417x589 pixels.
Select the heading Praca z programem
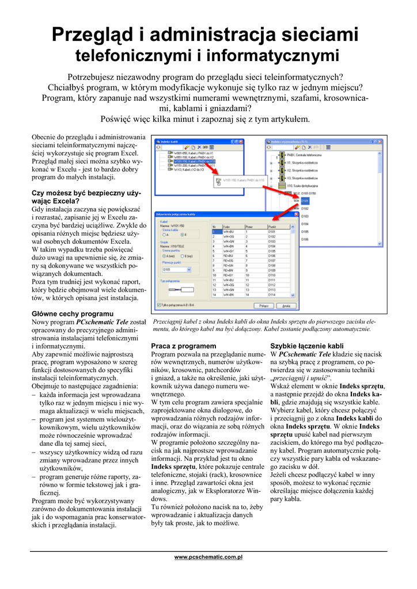pos(183,346)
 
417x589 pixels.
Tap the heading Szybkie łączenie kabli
pos(307,346)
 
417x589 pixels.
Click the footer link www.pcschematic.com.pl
pos(208,557)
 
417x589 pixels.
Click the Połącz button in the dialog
pos(263,305)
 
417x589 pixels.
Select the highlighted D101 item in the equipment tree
pos(305,201)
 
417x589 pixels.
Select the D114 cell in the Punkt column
pos(272,294)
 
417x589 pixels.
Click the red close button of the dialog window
pos(296,214)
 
